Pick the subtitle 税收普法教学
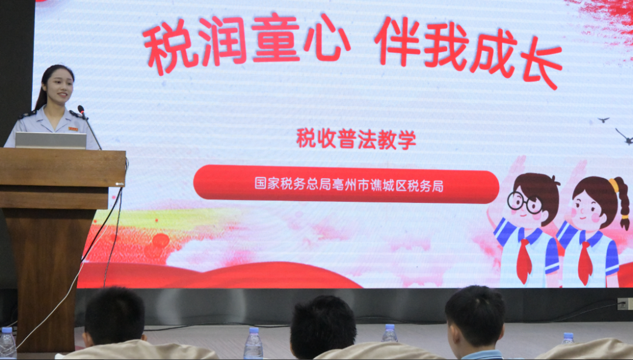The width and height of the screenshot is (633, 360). (x=356, y=139)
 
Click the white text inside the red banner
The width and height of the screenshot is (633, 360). (x=349, y=185)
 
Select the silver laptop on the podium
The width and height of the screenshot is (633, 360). (x=51, y=140)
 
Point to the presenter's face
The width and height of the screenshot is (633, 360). (x=60, y=86)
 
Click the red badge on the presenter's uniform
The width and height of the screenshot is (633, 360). (x=73, y=129)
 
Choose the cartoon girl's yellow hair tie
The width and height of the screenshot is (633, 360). (x=614, y=185)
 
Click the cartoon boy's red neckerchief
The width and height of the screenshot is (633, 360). (x=524, y=260)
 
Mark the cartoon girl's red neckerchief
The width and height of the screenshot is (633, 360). (x=585, y=263)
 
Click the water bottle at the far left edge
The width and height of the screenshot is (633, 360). (x=7, y=343)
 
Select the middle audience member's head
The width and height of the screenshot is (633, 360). (x=323, y=327)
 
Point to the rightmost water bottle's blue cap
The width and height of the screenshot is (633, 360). (x=568, y=335)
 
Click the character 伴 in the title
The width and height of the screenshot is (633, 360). (x=397, y=41)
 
